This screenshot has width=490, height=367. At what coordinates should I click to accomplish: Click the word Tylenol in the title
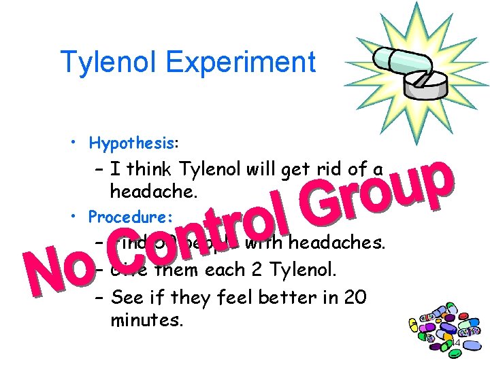pyautogui.click(x=108, y=63)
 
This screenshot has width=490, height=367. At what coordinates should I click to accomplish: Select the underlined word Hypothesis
pyautogui.click(x=132, y=143)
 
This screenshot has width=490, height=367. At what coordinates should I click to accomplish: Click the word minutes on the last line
pyautogui.click(x=146, y=319)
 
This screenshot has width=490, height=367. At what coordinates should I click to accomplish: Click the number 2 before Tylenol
pyautogui.click(x=261, y=270)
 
